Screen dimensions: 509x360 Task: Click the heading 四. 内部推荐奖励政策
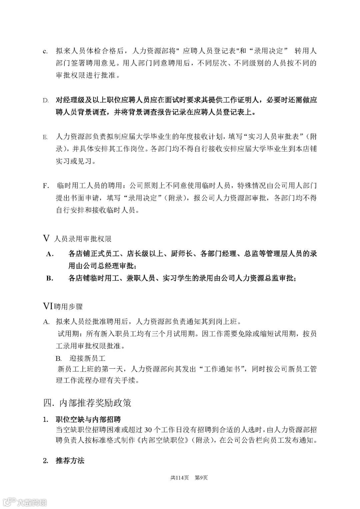[87, 403]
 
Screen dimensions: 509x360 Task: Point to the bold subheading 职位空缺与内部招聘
[88, 419]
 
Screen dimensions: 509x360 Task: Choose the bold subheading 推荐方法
[70, 461]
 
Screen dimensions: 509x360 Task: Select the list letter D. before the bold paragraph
[46, 101]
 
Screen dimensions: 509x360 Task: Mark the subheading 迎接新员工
[87, 359]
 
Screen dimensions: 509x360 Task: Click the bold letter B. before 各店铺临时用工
[50, 278]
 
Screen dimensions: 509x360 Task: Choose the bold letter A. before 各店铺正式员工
[50, 254]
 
